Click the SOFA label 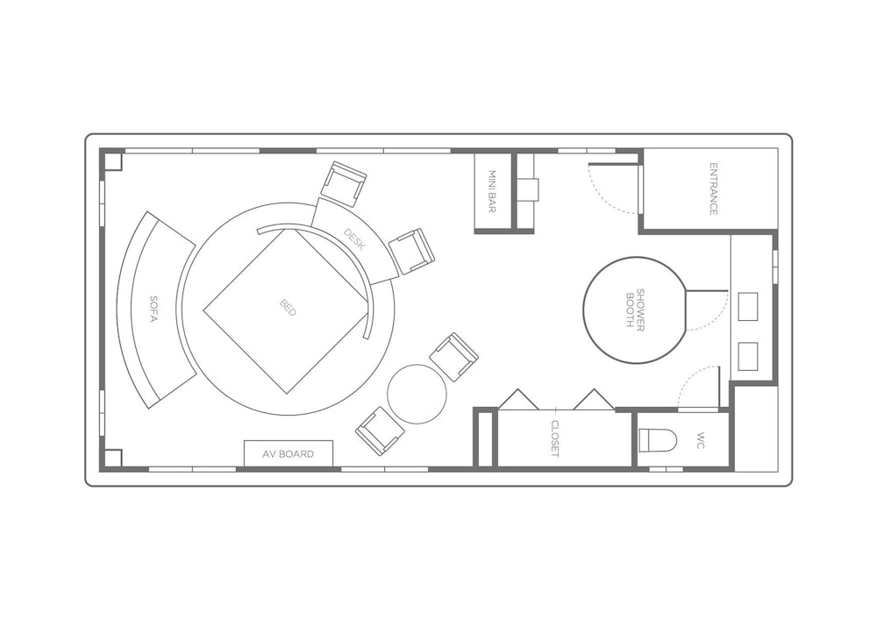pos(153,309)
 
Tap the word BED pos(288,308)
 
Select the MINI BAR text pos(492,192)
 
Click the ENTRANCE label pos(713,189)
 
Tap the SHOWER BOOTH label pos(635,309)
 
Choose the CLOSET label pos(555,438)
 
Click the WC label pos(701,439)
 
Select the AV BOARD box pos(289,453)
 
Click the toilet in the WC pos(658,440)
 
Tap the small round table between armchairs pos(417,394)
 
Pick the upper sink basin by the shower pos(748,307)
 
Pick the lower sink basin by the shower pos(748,357)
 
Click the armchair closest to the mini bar pos(411,252)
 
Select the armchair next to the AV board pos(381,430)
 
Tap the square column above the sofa pos(113,161)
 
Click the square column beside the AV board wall pos(113,458)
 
